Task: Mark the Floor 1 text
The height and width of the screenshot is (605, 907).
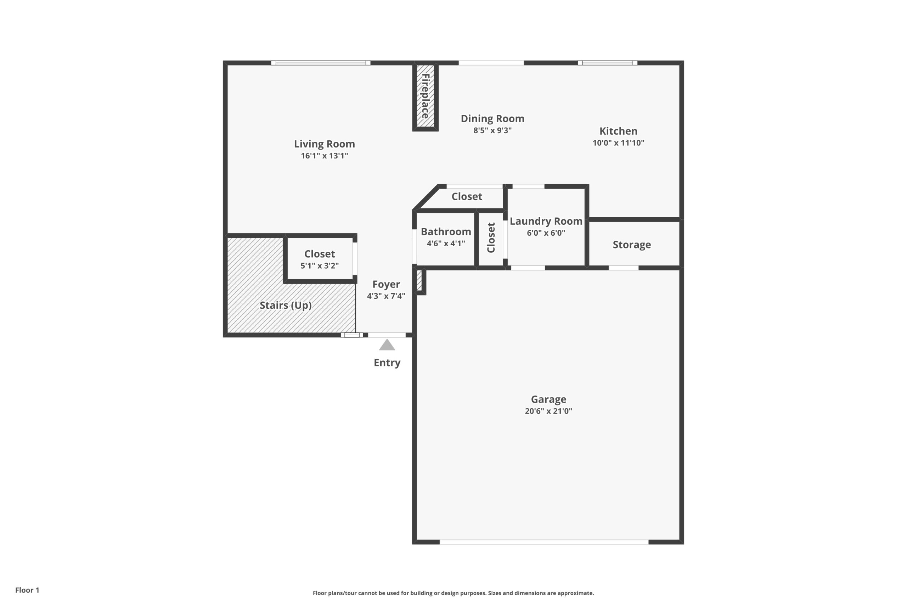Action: [x=27, y=590]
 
